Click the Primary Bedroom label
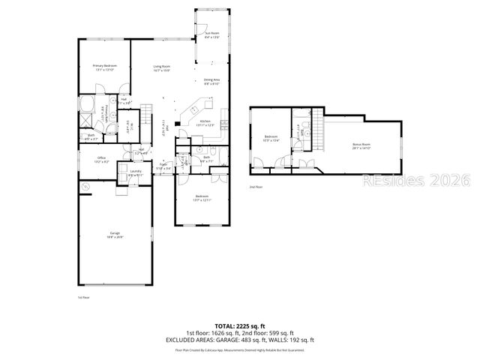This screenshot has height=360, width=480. coord(104,68)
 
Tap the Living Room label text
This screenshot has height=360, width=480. coord(162,69)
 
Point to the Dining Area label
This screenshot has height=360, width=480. coord(211,82)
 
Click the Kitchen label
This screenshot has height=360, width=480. coord(205,122)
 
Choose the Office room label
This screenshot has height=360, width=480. coord(101,160)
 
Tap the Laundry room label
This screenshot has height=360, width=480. coord(136,172)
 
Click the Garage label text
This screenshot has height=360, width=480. coord(115,235)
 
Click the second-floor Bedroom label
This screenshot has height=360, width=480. coord(271,138)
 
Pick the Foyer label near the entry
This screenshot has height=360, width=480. coord(163,168)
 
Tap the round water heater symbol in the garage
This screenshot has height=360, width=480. coord(85,186)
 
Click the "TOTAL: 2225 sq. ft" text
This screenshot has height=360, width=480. coord(239,326)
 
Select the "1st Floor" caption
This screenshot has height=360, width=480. coord(84,298)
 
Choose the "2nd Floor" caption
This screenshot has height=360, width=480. coord(256,187)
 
